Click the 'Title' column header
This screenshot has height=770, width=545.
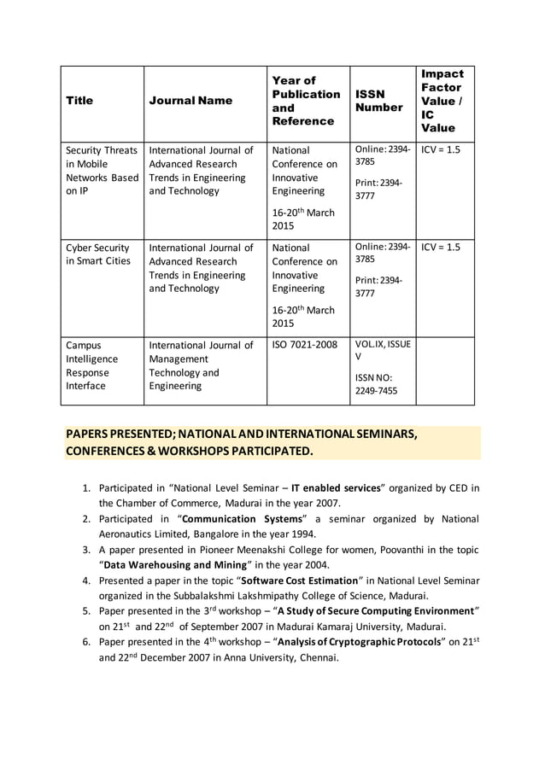click(79, 101)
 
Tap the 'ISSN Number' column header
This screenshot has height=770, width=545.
click(378, 101)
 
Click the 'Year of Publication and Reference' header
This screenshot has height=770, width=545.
click(305, 101)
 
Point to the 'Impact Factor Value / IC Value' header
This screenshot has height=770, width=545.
click(442, 101)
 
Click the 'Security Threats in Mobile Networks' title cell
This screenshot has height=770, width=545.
click(102, 170)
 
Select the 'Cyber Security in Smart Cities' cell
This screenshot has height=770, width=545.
click(98, 254)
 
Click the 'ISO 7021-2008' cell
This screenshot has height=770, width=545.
click(304, 346)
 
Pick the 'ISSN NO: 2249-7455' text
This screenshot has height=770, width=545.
click(376, 384)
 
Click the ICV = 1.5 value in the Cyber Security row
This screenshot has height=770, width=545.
click(440, 248)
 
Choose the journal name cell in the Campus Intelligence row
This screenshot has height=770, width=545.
click(201, 365)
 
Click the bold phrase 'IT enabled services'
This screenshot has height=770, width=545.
click(336, 488)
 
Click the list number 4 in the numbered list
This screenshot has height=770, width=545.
click(86, 580)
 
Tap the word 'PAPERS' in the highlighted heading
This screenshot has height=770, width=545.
click(90, 435)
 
